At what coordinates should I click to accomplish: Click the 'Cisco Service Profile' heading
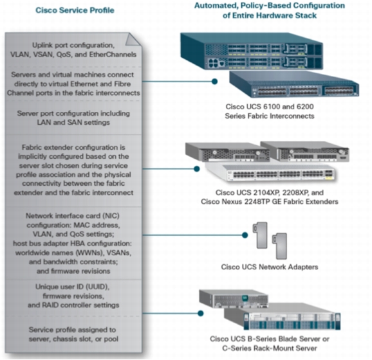[x=75, y=10]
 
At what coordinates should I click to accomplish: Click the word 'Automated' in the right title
[x=215, y=6]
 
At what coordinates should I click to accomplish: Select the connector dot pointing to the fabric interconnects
[x=214, y=82]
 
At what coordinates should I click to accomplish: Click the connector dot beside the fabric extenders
[x=197, y=168]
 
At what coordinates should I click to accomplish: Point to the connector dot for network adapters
[x=245, y=235]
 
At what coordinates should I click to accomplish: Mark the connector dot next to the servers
[x=200, y=313]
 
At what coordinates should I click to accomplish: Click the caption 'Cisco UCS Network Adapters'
[x=270, y=267]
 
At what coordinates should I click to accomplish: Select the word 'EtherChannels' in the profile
[x=113, y=55]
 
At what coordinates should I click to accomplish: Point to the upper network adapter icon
[x=261, y=235]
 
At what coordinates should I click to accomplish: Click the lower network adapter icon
[x=280, y=246]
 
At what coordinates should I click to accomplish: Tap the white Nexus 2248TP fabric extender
[x=270, y=173]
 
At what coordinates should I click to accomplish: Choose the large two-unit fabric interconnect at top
[x=252, y=51]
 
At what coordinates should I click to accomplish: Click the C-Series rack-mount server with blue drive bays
[x=283, y=316]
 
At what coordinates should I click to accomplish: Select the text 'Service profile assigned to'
[x=72, y=330]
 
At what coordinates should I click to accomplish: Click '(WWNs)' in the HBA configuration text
[x=90, y=253]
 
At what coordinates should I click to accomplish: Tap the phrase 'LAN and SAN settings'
[x=73, y=122]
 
